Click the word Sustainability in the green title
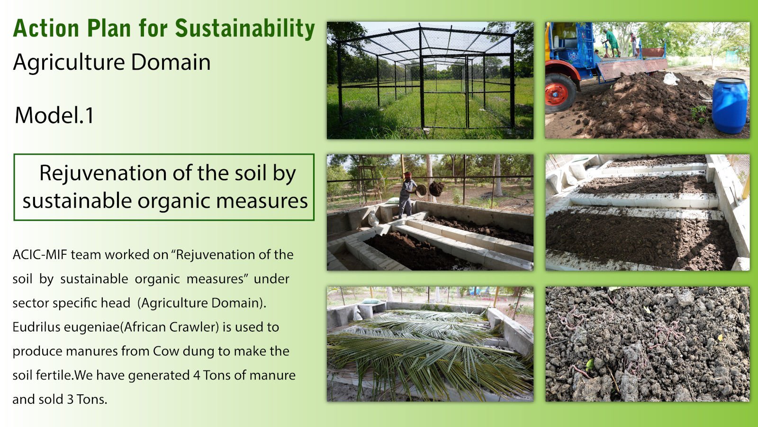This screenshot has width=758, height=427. (245, 29)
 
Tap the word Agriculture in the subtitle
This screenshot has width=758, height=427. (69, 63)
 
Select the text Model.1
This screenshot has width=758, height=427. (54, 115)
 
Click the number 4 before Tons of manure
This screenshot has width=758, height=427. (196, 375)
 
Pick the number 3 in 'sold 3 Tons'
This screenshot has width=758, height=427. (70, 399)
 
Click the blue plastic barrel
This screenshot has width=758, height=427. (729, 105)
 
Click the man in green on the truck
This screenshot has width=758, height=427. (612, 43)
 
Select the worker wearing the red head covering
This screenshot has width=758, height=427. (407, 195)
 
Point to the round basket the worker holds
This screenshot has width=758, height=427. (422, 191)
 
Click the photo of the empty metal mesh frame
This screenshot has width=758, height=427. (430, 80)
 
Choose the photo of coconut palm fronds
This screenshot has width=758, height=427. (430, 344)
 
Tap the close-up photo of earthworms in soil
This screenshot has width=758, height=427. (647, 344)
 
